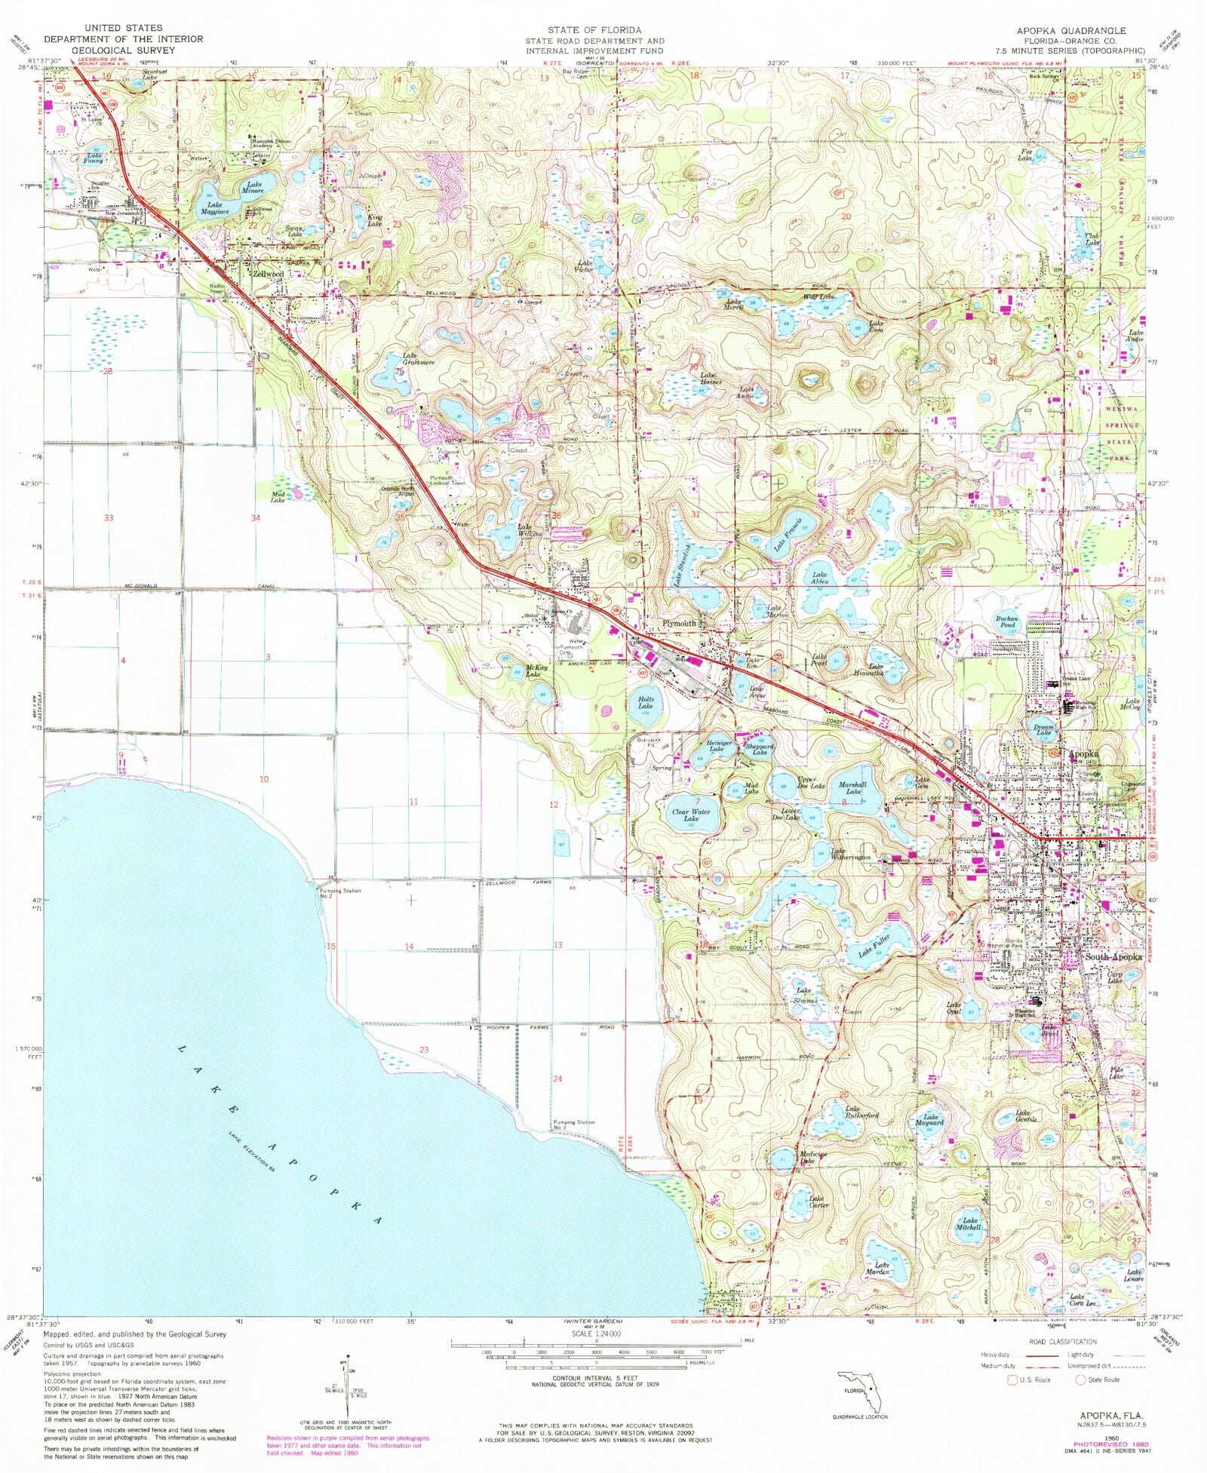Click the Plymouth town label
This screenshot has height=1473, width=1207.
[x=679, y=624]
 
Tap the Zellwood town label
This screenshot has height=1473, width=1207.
[x=268, y=275]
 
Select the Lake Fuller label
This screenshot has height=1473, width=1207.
[x=874, y=947]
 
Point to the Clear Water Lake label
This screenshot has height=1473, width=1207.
[x=691, y=815]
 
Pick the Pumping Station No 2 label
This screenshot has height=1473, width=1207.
[x=340, y=893]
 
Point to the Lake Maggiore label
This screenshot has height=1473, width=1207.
[x=214, y=208]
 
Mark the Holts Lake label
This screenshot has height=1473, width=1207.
[x=645, y=703]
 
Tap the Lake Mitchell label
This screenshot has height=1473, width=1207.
[x=969, y=1224]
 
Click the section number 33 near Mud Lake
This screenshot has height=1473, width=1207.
[x=109, y=517]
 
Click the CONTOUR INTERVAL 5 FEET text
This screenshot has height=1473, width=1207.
[x=596, y=1378]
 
